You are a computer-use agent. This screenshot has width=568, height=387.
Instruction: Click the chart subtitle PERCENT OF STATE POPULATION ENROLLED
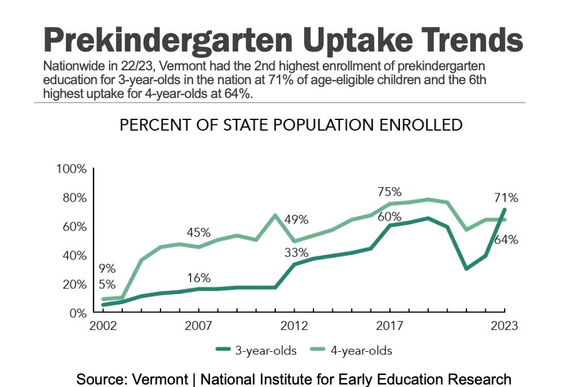291,124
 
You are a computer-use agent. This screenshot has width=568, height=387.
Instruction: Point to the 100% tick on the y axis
71,169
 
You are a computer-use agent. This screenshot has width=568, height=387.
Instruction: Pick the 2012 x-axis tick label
295,325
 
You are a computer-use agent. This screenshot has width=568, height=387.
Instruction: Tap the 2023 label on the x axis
504,325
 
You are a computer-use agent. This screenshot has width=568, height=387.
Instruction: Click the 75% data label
389,192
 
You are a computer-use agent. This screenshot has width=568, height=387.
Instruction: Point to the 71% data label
506,198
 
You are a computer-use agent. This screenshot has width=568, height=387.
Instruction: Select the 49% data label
296,219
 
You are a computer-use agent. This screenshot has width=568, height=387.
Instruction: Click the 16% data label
198,278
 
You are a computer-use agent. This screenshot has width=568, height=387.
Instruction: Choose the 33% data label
296,253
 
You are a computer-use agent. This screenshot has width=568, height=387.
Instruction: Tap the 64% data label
506,239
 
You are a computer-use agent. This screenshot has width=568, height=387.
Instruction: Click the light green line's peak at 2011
275,215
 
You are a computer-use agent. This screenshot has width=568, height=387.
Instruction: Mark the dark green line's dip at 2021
466,269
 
